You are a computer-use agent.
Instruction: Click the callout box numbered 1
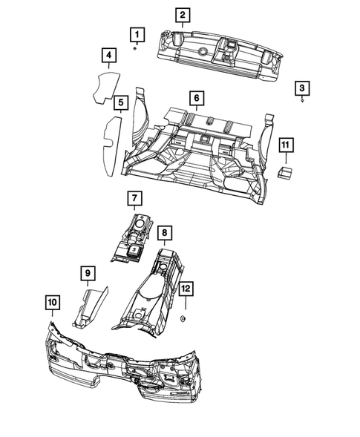136,33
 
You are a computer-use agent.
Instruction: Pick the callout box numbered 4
108,56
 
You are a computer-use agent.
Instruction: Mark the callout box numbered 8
165,234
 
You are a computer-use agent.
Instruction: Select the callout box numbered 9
88,275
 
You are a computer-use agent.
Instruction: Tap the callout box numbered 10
52,302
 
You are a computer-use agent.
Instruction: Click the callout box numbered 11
286,145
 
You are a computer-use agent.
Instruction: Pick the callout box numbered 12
186,288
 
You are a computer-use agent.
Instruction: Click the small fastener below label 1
135,48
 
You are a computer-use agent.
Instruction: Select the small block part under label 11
284,172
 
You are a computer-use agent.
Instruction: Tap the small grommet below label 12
183,319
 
